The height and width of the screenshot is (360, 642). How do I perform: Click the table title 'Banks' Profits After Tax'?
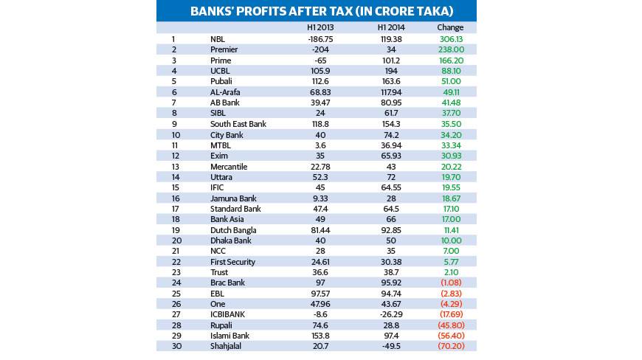pyautogui.click(x=317, y=11)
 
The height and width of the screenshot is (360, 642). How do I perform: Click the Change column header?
pyautogui.click(x=450, y=27)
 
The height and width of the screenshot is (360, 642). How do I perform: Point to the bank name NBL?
pyautogui.click(x=217, y=38)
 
